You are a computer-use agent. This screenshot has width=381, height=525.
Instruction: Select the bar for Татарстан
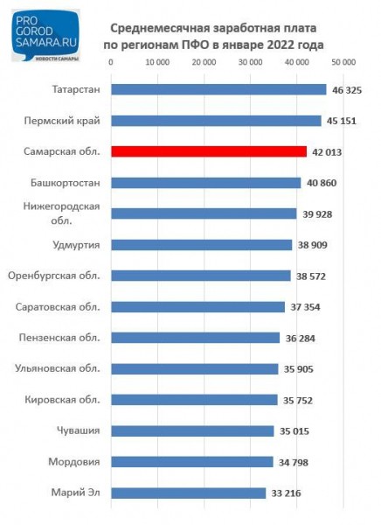pyautogui.click(x=218, y=89)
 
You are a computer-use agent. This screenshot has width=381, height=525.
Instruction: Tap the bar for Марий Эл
pyautogui.click(x=189, y=493)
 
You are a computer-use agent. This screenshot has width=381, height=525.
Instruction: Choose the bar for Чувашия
pyautogui.click(x=193, y=430)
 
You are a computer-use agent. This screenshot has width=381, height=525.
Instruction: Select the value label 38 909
pyautogui.click(x=314, y=245)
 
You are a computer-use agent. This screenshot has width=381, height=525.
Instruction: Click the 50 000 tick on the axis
pyautogui.click(x=343, y=63)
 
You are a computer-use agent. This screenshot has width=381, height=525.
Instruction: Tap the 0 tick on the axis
pyautogui.click(x=111, y=63)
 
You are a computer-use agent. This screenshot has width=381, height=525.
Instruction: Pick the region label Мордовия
pyautogui.click(x=73, y=461)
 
